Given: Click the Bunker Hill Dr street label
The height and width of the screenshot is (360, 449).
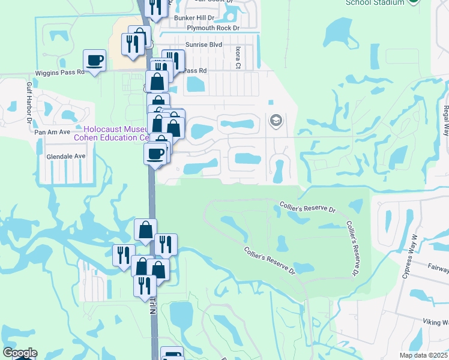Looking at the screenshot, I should pyautogui.click(x=194, y=19).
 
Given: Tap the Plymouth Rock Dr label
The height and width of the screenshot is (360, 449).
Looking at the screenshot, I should pyautogui.click(x=213, y=28).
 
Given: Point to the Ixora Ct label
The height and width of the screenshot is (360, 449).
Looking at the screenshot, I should pyautogui.click(x=238, y=55).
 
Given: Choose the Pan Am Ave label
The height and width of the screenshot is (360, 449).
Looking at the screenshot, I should pyautogui.click(x=52, y=131).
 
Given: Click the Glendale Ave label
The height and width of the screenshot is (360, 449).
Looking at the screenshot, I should pyautogui.click(x=66, y=156).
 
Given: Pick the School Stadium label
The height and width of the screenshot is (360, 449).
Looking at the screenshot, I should pyautogui.click(x=375, y=3).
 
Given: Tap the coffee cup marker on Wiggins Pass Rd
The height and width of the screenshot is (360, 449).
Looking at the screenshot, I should pyautogui.click(x=94, y=60).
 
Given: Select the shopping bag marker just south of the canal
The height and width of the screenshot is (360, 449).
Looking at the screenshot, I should pyautogui.click(x=146, y=229).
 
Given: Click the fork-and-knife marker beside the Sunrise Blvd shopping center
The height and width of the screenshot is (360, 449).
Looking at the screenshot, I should pyautogui.click(x=132, y=43).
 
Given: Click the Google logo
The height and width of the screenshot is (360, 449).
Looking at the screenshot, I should pyautogui.click(x=19, y=353).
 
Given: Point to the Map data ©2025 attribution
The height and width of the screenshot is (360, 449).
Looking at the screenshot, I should pyautogui.click(x=423, y=355).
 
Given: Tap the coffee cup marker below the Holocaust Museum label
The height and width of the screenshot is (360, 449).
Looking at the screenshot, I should pyautogui.click(x=155, y=153).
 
